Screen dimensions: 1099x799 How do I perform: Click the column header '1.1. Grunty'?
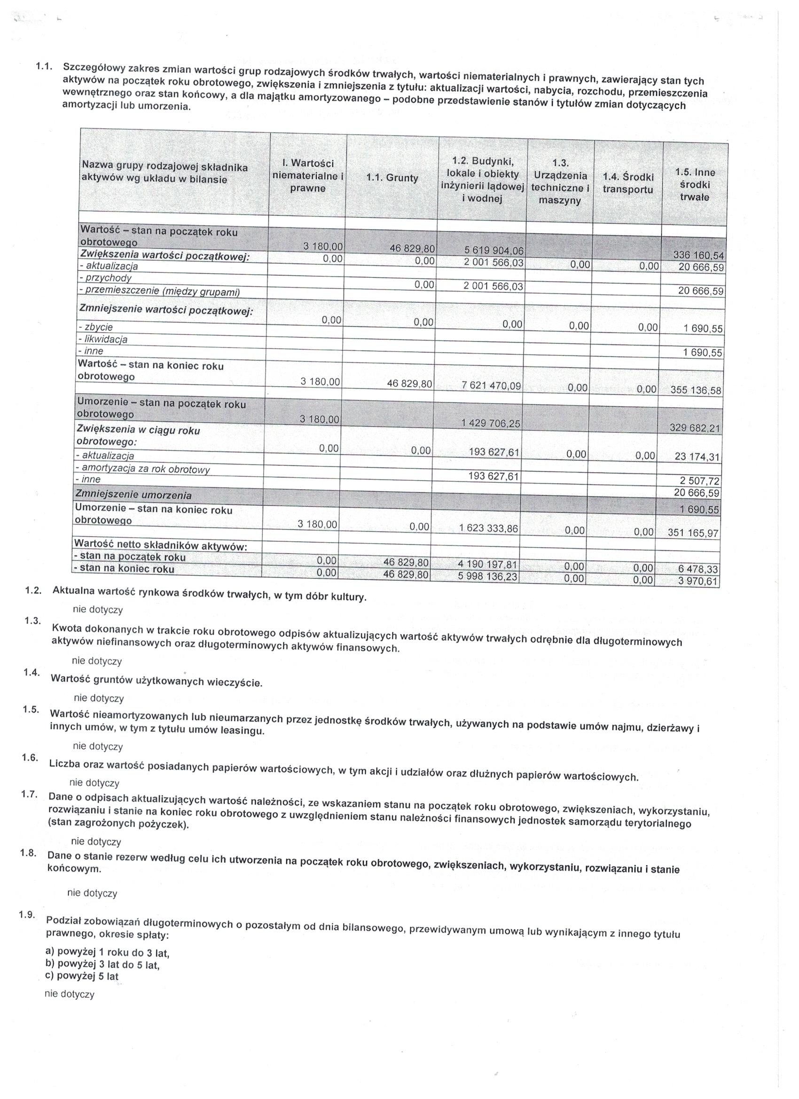click(x=392, y=178)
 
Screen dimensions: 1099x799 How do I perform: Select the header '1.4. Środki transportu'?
click(x=628, y=183)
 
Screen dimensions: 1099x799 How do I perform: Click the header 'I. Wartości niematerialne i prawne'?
click(x=308, y=176)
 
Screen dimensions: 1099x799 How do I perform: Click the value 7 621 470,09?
click(x=491, y=386)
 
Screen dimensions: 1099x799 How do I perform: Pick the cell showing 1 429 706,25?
click(x=490, y=424)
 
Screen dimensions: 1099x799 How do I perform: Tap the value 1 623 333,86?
click(x=488, y=529)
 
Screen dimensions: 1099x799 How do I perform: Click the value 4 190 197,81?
click(x=488, y=565)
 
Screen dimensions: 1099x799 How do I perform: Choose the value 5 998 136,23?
click(x=488, y=577)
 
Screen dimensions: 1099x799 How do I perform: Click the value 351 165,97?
click(x=693, y=533)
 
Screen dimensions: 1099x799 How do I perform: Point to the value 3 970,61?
click(x=698, y=581)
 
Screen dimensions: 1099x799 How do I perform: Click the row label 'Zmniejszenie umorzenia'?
click(x=133, y=495)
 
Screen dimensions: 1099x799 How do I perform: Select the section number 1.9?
click(x=26, y=914)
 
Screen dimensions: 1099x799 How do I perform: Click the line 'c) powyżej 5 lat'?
click(x=81, y=976)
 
